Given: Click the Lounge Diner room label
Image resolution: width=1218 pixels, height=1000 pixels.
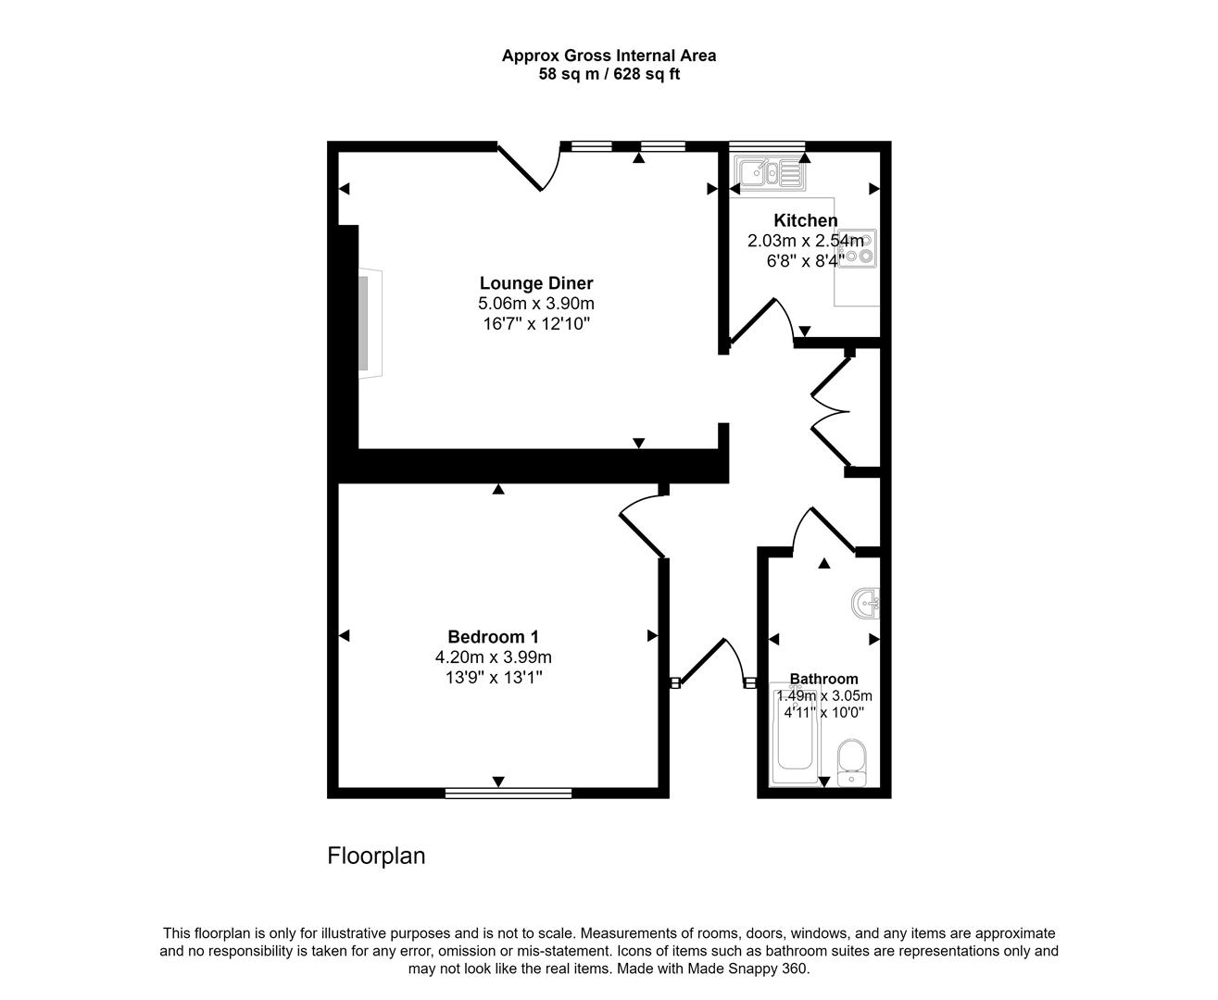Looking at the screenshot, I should tap(535, 283).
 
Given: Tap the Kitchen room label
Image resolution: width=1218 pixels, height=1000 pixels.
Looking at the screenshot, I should tap(805, 220).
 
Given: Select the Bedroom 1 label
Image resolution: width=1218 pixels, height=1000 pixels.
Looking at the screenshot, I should tap(493, 637).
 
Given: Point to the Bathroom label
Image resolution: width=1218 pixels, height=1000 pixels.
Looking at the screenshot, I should tap(823, 679).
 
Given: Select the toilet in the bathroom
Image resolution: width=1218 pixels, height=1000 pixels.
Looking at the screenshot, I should tap(850, 761).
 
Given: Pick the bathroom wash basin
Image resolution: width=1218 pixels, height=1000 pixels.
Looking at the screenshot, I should tap(866, 605).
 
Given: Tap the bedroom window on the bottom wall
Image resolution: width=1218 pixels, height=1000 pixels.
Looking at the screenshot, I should tap(508, 793).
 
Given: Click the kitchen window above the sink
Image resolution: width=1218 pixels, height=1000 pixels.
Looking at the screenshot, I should tap(767, 145).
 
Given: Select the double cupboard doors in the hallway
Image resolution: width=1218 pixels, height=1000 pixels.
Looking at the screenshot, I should tap(831, 411).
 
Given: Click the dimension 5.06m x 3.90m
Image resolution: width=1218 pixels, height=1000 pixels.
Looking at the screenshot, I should tap(535, 304).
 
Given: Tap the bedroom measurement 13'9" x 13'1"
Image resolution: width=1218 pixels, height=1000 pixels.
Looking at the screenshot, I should tap(493, 678).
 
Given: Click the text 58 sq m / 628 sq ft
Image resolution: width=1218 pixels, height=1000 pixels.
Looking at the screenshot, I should tap(609, 74).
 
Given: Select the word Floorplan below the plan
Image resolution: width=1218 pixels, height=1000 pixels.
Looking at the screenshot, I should tap(376, 856).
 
